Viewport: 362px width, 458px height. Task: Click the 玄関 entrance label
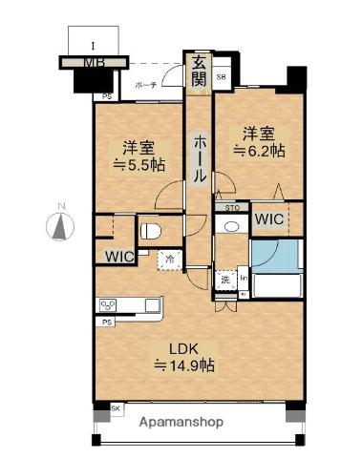(198, 73)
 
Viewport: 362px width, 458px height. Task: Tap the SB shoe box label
(221, 77)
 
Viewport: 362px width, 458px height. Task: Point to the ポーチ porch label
(145, 84)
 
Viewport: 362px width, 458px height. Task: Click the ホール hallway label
(199, 159)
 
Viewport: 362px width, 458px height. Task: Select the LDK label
(183, 346)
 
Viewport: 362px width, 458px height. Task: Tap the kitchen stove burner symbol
(107, 305)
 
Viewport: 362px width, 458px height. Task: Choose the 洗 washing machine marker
(224, 280)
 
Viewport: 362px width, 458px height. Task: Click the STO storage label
(231, 207)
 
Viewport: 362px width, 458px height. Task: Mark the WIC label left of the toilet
(119, 256)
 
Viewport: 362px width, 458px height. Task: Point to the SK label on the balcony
(116, 408)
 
